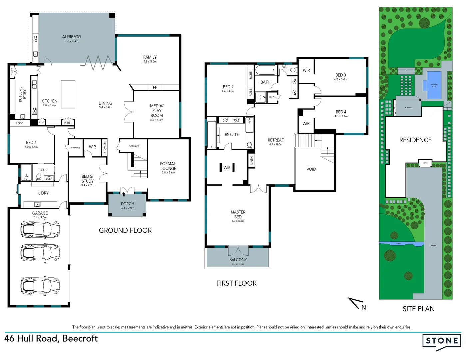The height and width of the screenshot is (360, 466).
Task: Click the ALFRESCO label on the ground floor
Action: [71, 37]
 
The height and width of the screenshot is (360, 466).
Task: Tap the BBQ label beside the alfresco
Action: [35, 39]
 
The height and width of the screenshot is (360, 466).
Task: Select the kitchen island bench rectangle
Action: [68, 94]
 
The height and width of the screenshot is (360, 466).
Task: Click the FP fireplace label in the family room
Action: [155, 87]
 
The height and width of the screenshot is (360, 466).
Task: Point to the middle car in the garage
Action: [40, 252]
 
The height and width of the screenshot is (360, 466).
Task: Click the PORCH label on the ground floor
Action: [127, 204]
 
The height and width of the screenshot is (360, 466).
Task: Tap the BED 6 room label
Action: [31, 143]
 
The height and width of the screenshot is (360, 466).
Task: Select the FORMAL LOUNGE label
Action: [168, 166]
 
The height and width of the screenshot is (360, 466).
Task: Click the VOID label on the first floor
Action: [311, 169]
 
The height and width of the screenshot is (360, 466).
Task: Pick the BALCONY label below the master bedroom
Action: [238, 260]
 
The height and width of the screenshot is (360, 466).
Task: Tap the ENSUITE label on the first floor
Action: [232, 135]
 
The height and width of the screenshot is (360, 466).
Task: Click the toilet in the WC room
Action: [293, 70]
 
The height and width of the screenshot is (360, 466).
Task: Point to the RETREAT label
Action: [276, 140]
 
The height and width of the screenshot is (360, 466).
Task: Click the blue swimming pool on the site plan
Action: [434, 85]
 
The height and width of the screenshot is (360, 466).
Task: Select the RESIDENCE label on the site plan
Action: [415, 140]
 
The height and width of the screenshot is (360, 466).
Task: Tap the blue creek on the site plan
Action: [400, 244]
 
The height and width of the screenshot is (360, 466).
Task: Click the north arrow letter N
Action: [364, 308]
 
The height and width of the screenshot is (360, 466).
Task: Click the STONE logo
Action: [442, 341]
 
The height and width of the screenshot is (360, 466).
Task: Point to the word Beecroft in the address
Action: [80, 339]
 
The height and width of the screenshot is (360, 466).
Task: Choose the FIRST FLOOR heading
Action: [236, 283]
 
